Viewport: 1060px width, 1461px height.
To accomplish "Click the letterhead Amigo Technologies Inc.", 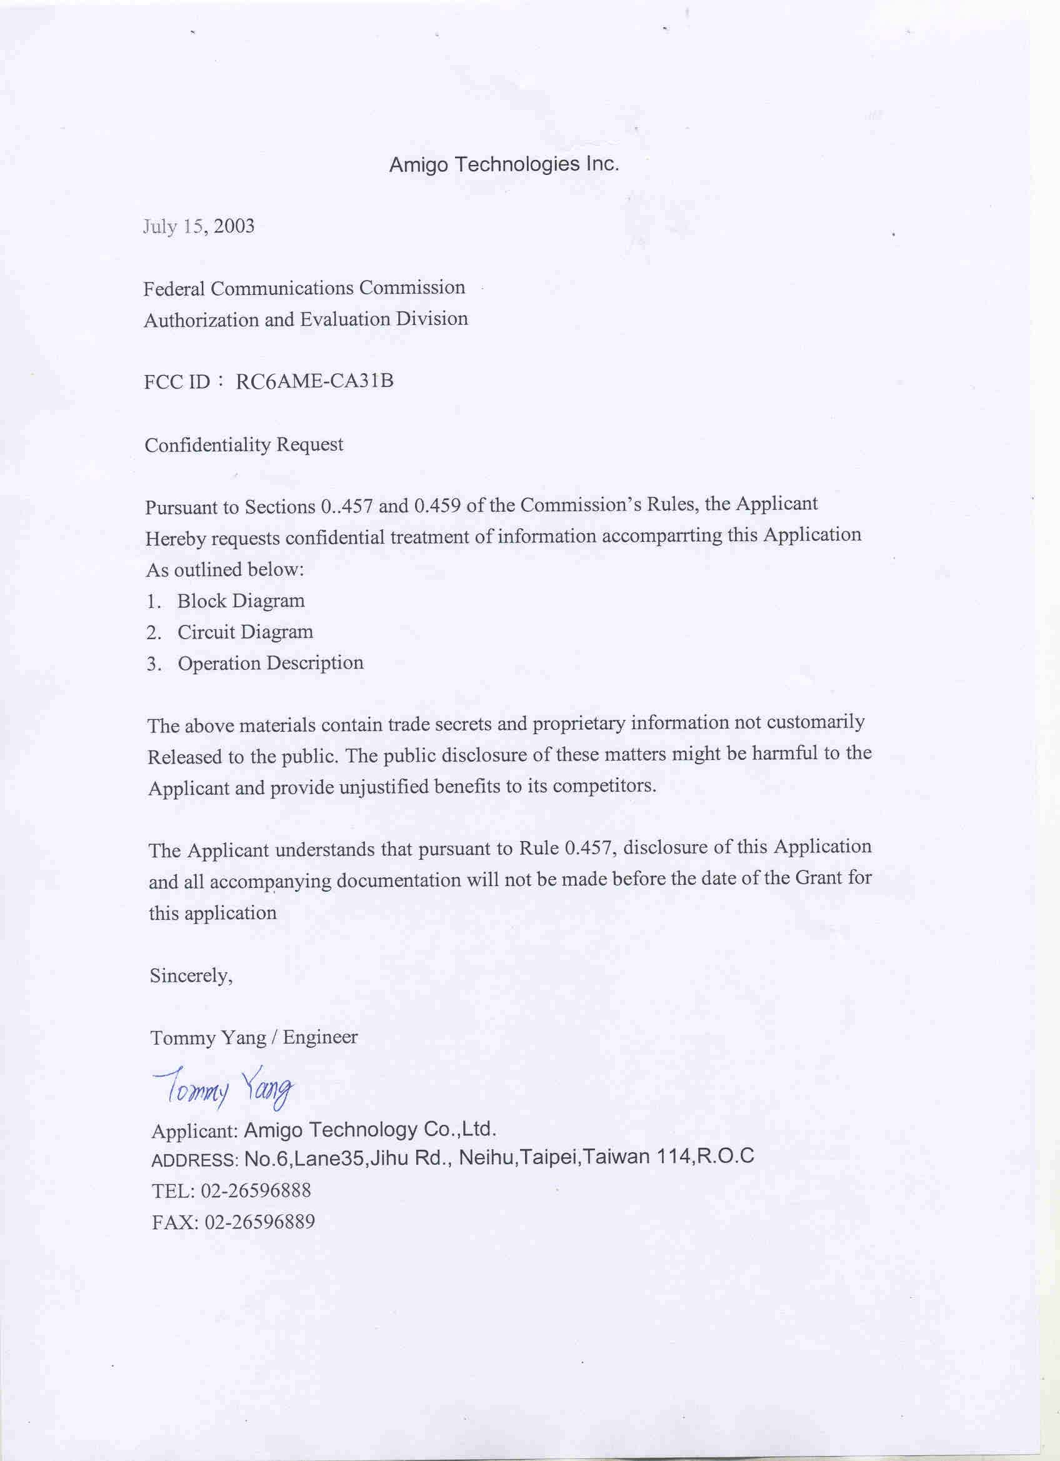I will tap(504, 165).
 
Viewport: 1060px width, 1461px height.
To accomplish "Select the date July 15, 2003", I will tap(199, 227).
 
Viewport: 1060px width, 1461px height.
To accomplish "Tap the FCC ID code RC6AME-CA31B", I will tap(314, 382).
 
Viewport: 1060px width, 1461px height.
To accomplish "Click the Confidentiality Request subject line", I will tap(244, 445).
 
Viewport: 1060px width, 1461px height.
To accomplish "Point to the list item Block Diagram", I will tap(241, 601).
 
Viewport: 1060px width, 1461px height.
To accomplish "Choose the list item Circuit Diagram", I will tap(245, 632).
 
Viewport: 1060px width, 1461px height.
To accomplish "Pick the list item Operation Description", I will tap(270, 663).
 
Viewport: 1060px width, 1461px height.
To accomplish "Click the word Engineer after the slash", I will tap(320, 1037).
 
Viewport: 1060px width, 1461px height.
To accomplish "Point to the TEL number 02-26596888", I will tap(256, 1190).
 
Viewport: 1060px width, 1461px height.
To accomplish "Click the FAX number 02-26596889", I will tap(259, 1222).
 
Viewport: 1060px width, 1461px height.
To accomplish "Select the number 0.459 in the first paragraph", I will tap(437, 506).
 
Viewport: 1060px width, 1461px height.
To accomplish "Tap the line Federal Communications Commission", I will tap(304, 288).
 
